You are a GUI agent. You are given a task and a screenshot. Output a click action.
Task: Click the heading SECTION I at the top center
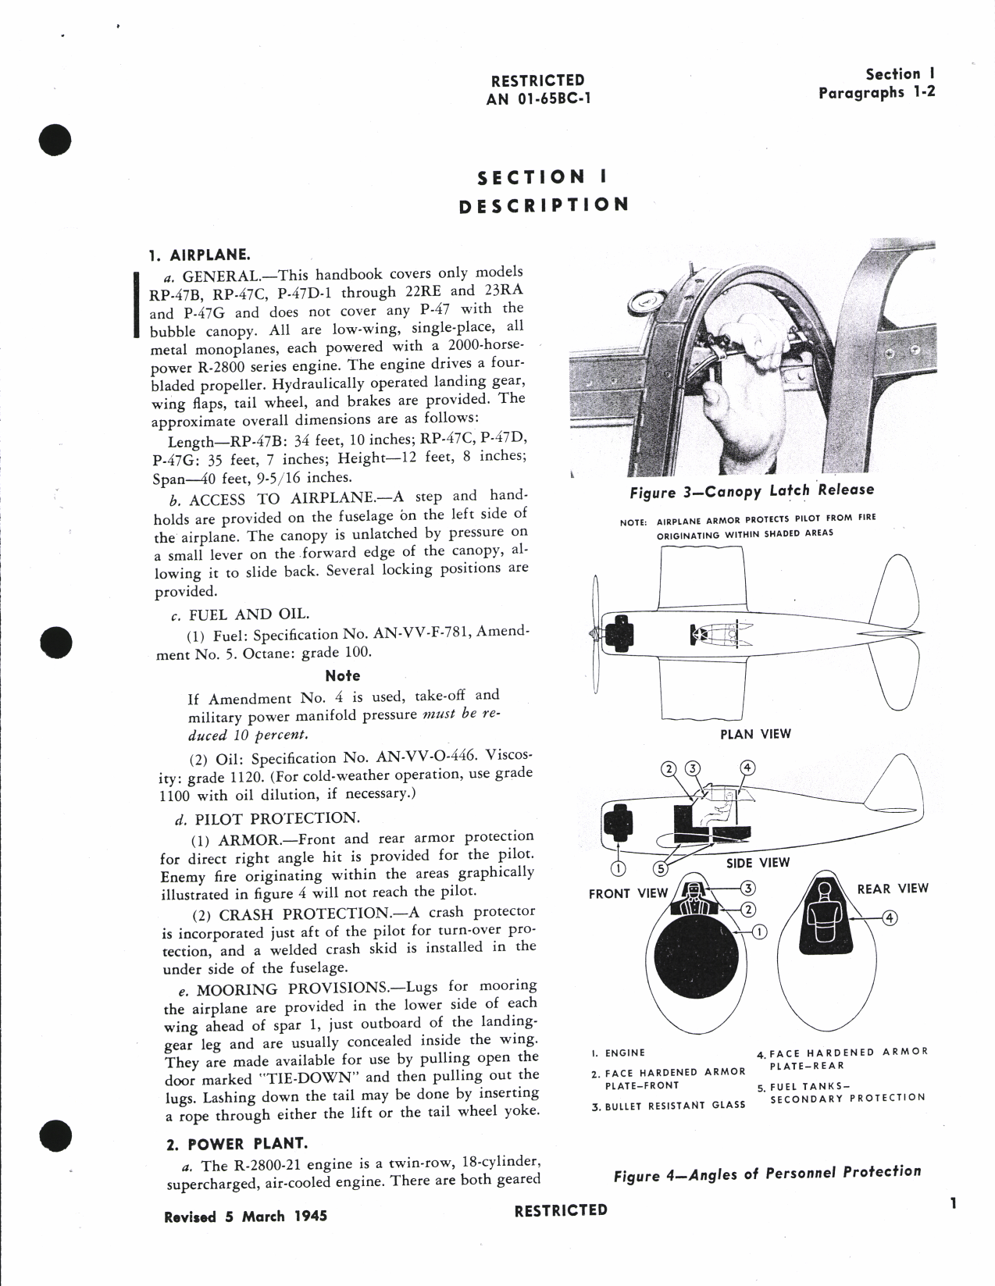[x=542, y=177]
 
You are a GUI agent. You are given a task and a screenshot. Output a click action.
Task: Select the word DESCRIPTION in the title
[x=543, y=205]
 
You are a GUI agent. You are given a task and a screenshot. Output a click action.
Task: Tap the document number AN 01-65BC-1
[x=537, y=98]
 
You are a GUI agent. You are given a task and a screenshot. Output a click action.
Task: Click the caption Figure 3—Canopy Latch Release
[x=751, y=490]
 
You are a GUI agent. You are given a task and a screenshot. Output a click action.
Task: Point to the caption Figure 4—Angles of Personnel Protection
[x=767, y=1172]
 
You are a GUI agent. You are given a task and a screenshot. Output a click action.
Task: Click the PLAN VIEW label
[x=755, y=734]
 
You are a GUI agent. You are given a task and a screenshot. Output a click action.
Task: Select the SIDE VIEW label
[x=758, y=863]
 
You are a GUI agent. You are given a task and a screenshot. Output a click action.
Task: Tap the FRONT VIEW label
[x=628, y=893]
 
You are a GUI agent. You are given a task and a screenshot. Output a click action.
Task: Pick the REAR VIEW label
[x=893, y=888]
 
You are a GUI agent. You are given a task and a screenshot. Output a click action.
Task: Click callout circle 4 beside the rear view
[x=889, y=918]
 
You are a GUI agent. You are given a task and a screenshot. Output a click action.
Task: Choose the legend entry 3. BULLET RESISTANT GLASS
[x=669, y=1105]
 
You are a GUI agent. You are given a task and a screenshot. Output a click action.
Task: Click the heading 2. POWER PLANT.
[x=237, y=1144]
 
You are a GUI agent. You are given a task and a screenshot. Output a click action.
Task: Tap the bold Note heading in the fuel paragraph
[x=342, y=675]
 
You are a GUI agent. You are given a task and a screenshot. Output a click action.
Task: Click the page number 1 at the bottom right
[x=953, y=1204]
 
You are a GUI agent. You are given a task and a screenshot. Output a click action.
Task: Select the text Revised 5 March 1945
[x=245, y=1217]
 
